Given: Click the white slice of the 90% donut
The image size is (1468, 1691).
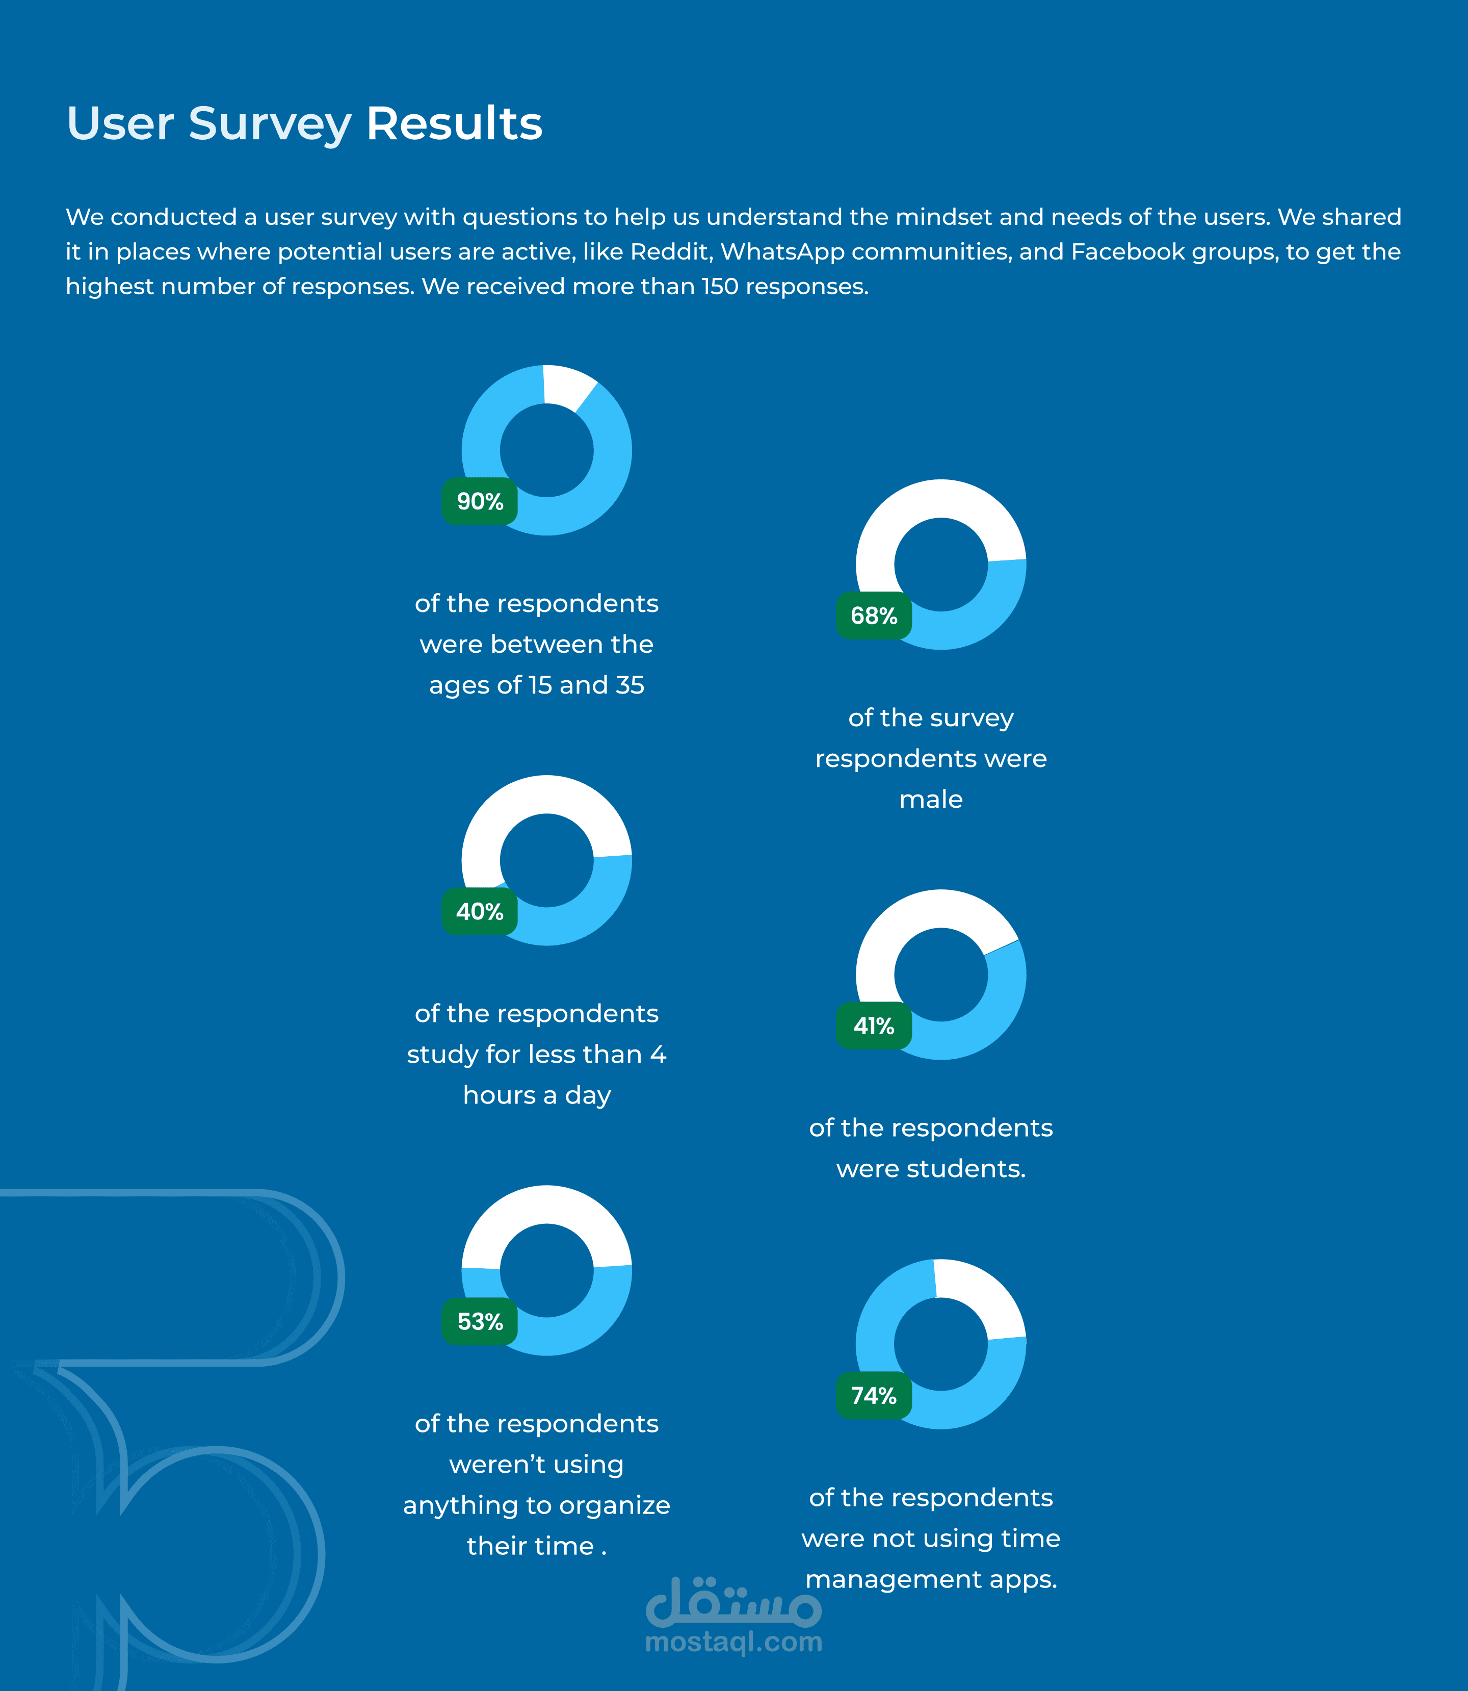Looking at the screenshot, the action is [567, 386].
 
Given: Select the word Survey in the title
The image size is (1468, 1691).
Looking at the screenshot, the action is [270, 125].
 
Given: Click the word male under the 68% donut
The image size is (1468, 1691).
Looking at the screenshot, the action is [931, 799].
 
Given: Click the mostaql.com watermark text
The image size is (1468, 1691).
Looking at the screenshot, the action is [734, 1643].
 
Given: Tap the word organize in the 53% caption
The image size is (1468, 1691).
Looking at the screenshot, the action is [614, 1506].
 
